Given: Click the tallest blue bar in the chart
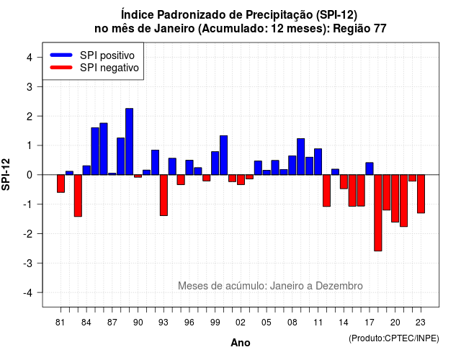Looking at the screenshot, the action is (130, 142).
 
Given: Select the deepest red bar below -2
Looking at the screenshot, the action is (377, 213).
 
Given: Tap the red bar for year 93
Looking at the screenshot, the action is (164, 195).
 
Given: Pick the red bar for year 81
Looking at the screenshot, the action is (61, 184).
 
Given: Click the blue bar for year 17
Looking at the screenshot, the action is (370, 168).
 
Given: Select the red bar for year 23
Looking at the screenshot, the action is (421, 194).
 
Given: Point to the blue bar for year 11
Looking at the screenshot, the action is (318, 161).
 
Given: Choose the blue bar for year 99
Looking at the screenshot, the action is (215, 163).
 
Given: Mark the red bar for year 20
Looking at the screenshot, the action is (395, 199).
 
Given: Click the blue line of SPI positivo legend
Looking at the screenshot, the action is (61, 55).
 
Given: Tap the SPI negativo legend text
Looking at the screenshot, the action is (109, 68).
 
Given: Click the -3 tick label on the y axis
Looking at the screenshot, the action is (28, 264).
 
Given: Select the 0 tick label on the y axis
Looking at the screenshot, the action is (30, 175).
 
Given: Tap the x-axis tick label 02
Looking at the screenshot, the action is (240, 323).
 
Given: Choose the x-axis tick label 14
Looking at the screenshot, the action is (344, 323).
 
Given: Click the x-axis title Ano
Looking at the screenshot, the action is (241, 343).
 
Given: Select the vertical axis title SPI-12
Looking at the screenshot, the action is (6, 174).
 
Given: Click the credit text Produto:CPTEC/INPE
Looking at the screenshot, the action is (394, 338).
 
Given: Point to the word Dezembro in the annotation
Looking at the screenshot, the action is (339, 286).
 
